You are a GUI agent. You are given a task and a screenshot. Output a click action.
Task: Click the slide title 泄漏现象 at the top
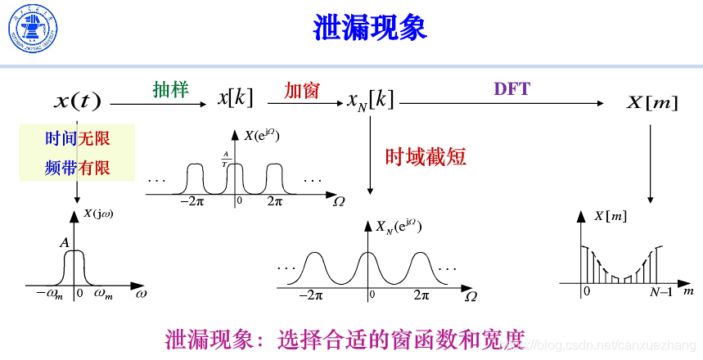[370, 27]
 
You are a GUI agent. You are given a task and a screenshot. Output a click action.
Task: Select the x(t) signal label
[77, 101]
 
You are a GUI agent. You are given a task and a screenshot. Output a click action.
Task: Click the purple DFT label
[511, 89]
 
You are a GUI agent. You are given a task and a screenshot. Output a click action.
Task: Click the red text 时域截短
[426, 156]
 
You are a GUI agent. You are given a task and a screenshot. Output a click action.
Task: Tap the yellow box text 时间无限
[77, 139]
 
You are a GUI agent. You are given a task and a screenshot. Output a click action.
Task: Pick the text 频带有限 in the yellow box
[77, 168]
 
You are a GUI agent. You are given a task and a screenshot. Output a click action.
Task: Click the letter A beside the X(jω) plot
[63, 242]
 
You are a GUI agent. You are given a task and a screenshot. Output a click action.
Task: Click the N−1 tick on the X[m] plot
[661, 291]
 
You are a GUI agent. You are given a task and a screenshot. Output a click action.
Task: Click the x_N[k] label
[370, 101]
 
